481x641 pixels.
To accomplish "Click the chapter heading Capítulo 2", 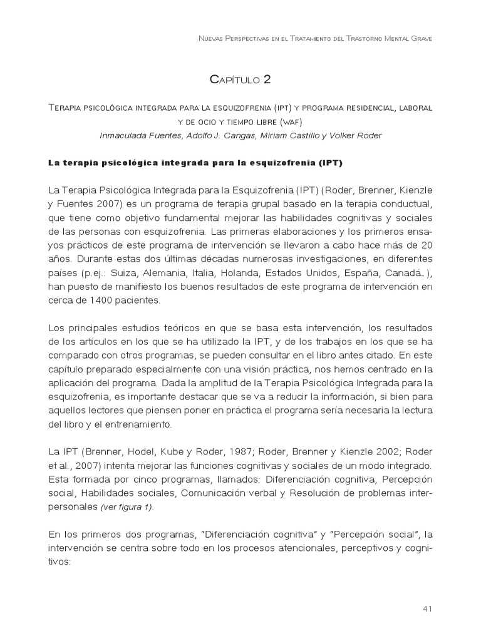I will click(240, 79).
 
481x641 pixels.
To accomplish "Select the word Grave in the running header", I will click(420, 39).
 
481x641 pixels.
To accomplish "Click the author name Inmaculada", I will click(125, 136).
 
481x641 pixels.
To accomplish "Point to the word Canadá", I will click(399, 272).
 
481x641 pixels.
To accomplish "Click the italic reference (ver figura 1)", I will click(127, 508).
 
